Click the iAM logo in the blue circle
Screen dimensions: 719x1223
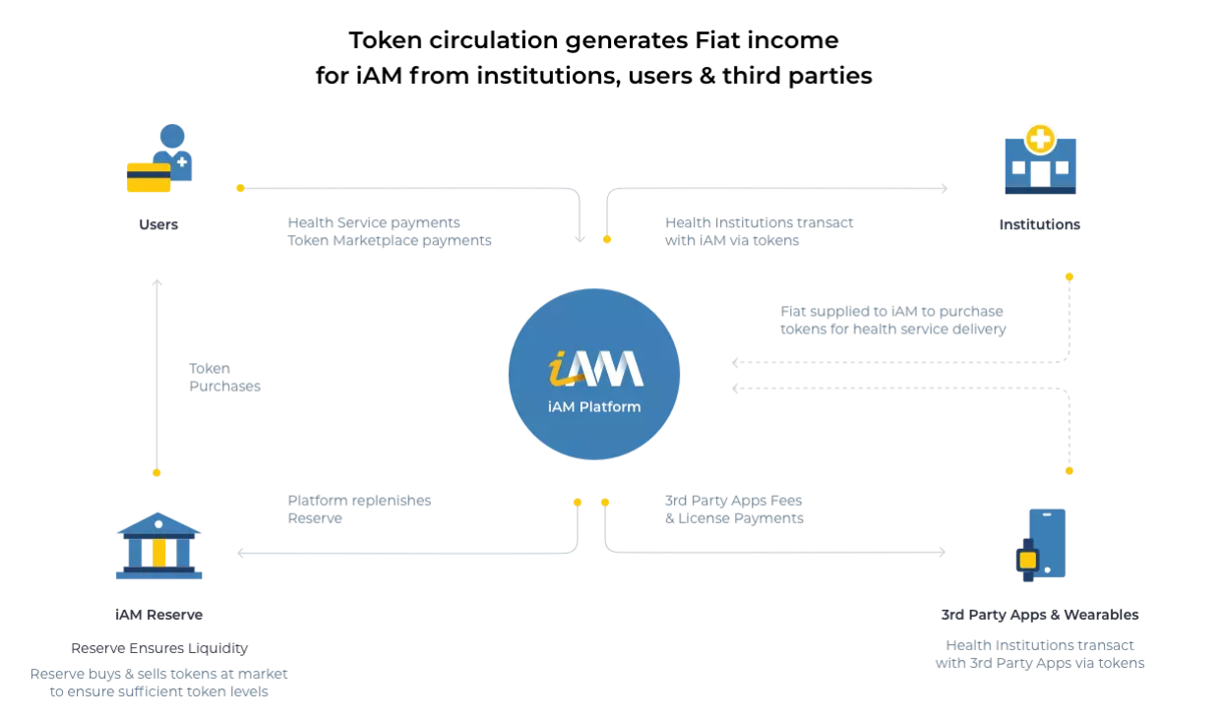click(594, 369)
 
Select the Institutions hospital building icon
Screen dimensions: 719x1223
click(1040, 161)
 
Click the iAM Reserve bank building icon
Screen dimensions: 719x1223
click(158, 546)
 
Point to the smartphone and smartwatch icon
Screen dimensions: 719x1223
click(1041, 545)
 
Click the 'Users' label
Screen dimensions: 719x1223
click(158, 224)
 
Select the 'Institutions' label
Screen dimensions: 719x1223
click(1039, 224)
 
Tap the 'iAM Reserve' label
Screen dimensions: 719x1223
click(158, 615)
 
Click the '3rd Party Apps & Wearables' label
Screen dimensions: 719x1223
click(1039, 615)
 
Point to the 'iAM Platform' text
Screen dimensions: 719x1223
click(594, 406)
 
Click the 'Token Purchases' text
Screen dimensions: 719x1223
click(224, 378)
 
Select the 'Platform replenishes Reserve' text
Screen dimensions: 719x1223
click(359, 509)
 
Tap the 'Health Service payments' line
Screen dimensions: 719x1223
click(374, 222)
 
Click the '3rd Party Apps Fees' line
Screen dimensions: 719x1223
click(733, 501)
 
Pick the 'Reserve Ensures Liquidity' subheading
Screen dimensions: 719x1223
click(159, 648)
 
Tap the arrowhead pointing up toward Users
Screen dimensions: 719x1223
click(156, 283)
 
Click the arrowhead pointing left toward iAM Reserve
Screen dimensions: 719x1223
click(241, 553)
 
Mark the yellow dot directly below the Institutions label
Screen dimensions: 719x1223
click(1070, 277)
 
